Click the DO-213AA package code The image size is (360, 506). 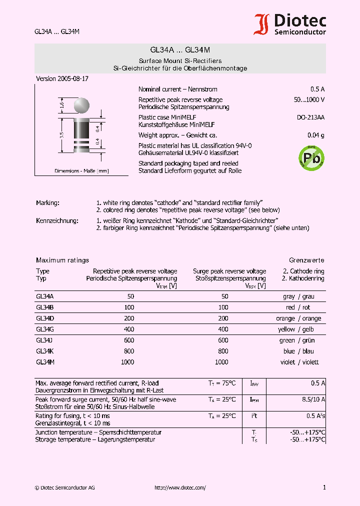[310, 117]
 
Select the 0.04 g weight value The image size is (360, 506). [315, 135]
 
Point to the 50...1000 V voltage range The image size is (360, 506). [309, 100]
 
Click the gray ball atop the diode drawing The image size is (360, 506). [81, 105]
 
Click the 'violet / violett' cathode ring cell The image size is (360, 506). [300, 362]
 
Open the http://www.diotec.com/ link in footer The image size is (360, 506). [180, 488]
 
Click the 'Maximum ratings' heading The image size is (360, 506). [62, 260]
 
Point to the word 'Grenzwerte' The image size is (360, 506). [306, 260]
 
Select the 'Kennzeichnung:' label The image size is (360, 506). [57, 220]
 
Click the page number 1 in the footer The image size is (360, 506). [324, 488]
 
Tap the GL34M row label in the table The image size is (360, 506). [44, 362]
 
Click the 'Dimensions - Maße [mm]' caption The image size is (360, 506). [81, 171]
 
